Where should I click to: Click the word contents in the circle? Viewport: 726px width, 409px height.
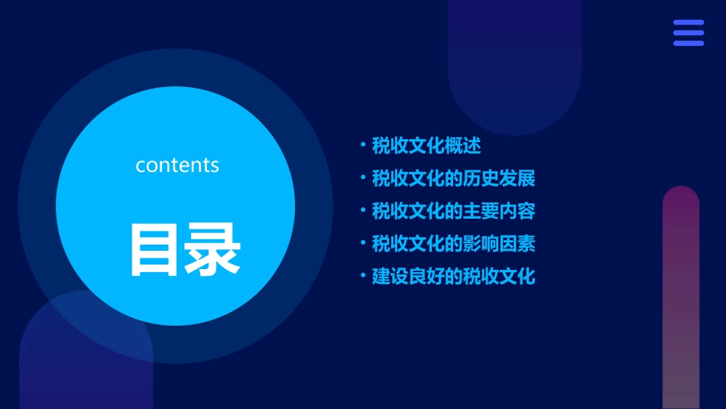click(x=177, y=165)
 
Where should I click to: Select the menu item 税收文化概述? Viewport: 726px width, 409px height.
click(x=426, y=145)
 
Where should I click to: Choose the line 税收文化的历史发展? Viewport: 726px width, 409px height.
click(x=453, y=178)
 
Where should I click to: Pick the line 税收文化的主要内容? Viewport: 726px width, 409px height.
click(x=453, y=211)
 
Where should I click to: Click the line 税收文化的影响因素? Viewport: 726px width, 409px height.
click(x=453, y=244)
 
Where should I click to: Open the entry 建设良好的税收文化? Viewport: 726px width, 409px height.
click(x=453, y=277)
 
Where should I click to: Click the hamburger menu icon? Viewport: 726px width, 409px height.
click(x=689, y=33)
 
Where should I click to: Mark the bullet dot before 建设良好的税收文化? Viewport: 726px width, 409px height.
click(x=363, y=275)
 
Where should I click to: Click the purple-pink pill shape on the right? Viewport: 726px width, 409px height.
click(x=681, y=298)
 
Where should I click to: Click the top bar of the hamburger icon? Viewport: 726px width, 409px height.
click(x=689, y=23)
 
